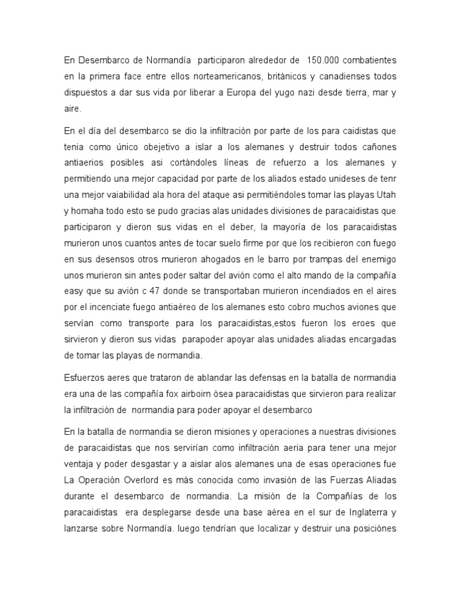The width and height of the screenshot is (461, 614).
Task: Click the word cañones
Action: point(378,148)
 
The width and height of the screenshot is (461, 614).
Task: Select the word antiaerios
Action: point(84,164)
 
